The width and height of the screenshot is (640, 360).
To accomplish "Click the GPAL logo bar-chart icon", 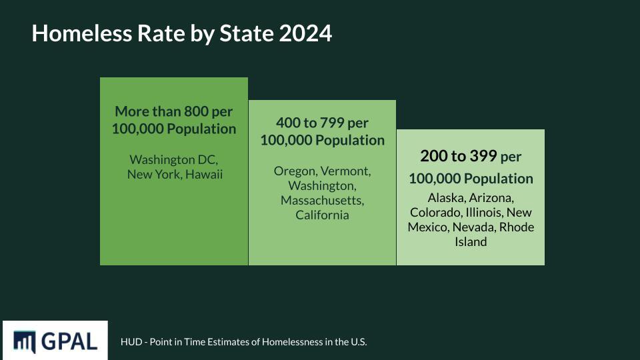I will click(25, 341).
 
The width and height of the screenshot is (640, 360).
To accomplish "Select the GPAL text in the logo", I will click(69, 341).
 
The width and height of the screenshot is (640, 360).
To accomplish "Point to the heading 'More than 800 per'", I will click(174, 111).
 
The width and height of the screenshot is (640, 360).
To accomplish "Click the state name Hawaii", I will click(204, 174).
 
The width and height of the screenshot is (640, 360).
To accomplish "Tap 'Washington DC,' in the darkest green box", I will click(174, 160).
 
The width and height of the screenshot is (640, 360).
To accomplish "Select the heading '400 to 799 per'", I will click(322, 123).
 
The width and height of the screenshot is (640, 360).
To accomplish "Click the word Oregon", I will click(295, 171).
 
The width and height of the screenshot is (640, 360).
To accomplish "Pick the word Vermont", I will click(345, 171).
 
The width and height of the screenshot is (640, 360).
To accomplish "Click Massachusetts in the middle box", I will click(322, 200).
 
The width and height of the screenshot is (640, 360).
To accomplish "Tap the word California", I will click(322, 215).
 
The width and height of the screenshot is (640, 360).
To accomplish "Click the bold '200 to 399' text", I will click(458, 156).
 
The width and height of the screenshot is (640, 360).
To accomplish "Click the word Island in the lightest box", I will click(471, 242).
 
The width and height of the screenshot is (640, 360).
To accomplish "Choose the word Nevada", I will click(474, 227).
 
